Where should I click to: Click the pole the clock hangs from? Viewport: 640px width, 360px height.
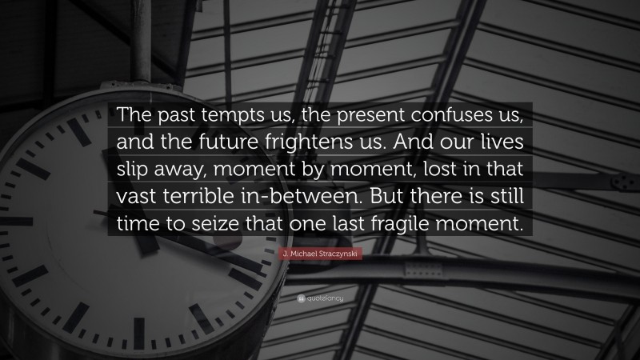(x=142, y=32)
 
